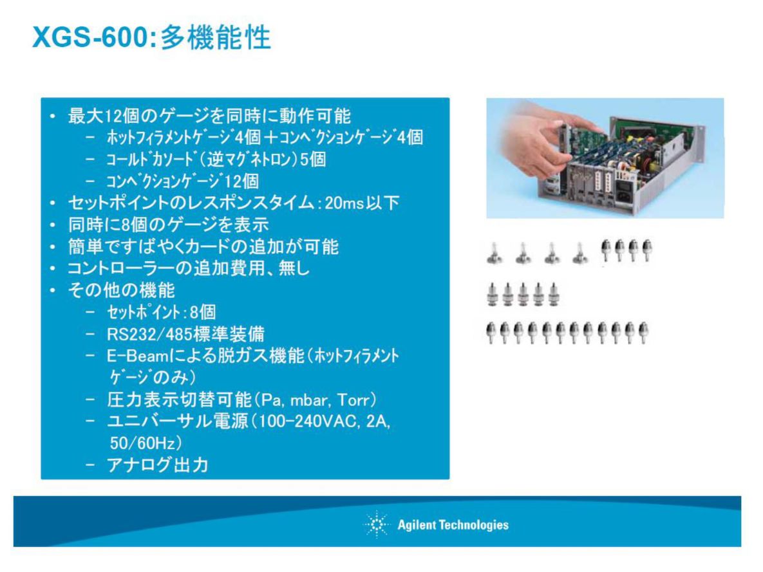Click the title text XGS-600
coord(91,37)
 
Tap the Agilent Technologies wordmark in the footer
coord(453,525)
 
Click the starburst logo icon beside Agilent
coord(376,524)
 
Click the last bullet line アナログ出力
coord(158,465)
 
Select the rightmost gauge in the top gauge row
coord(646,250)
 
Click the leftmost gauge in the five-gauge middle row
coord(492,295)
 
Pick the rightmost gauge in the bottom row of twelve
coord(643,332)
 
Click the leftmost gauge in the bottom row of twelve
coord(491,333)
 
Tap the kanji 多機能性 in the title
coord(216,37)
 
